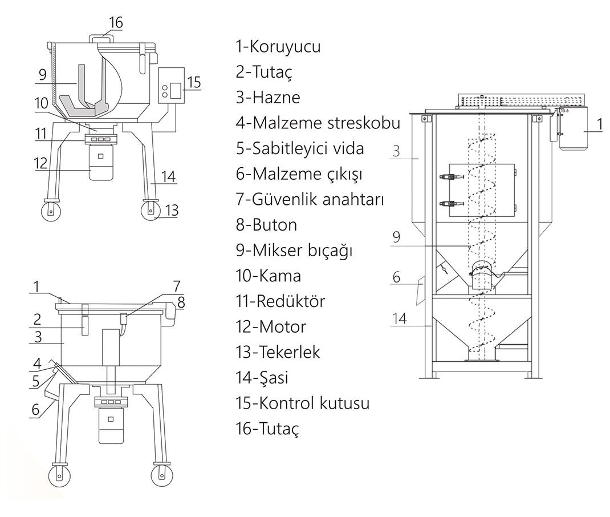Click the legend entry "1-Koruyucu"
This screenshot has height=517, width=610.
click(278, 47)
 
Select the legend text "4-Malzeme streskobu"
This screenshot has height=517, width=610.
click(318, 123)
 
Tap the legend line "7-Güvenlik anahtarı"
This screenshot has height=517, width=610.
click(310, 200)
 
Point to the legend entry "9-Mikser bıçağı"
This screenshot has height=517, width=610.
click(293, 251)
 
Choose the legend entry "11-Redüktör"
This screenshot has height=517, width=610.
click(280, 301)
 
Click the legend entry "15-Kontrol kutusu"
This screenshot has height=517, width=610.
click(302, 403)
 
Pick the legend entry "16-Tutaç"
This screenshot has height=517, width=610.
click(267, 429)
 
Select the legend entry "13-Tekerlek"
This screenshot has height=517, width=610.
click(278, 352)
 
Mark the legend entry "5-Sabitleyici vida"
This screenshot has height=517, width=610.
click(300, 149)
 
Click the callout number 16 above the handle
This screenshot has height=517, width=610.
click(116, 23)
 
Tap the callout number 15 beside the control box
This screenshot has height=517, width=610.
click(194, 82)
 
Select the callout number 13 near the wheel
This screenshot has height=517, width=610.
click(172, 211)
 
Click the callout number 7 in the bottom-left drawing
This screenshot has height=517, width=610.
click(177, 285)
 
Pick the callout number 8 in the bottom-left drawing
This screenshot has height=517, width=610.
click(181, 304)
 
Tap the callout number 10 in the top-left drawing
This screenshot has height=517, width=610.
click(41, 104)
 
